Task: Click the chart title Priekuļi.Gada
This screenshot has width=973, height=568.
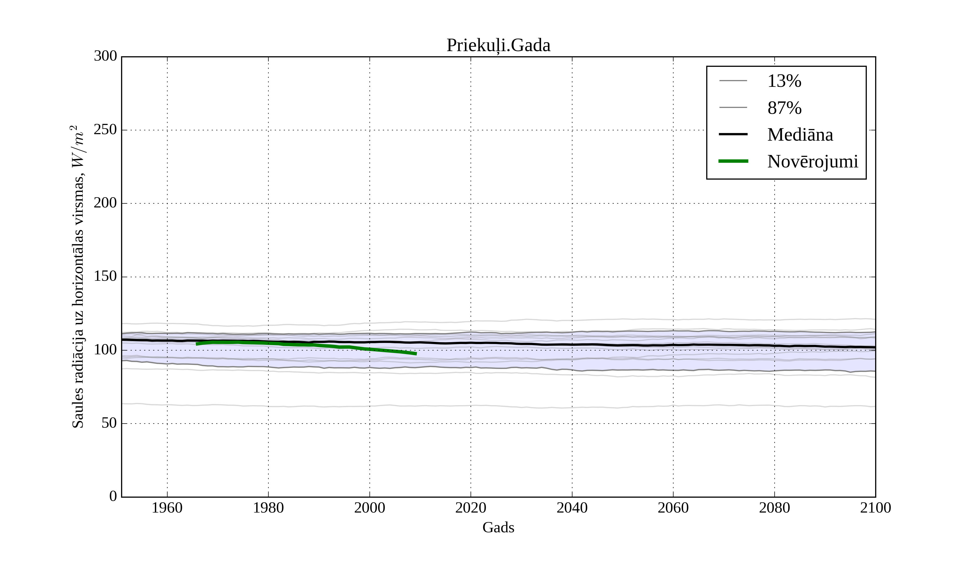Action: click(x=498, y=46)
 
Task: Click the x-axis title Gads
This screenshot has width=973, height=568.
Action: click(x=498, y=527)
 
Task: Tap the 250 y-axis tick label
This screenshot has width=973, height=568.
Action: click(x=105, y=130)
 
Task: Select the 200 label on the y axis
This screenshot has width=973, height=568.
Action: click(x=105, y=203)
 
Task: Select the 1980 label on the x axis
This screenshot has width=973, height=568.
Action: click(x=268, y=508)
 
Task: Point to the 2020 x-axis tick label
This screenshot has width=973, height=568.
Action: click(x=471, y=508)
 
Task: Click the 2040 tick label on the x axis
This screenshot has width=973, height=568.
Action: click(x=572, y=508)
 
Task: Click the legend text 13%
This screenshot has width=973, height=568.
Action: click(x=784, y=81)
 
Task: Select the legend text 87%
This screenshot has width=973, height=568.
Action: click(x=784, y=108)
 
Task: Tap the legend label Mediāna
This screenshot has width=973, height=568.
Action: click(x=800, y=135)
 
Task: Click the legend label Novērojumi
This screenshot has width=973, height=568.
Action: click(x=812, y=161)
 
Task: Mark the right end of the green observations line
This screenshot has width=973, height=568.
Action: click(x=416, y=354)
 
